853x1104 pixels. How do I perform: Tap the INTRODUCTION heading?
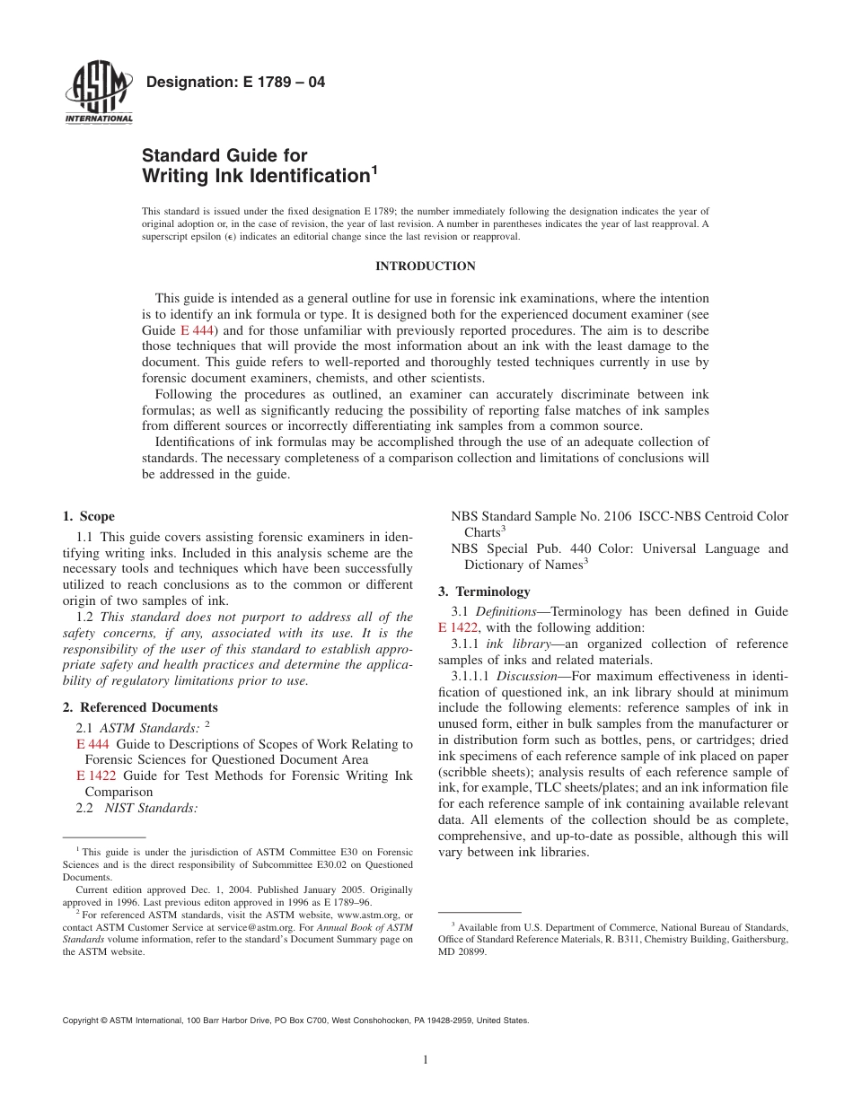425,267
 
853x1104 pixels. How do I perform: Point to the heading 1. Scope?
89,516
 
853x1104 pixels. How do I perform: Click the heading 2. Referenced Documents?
140,707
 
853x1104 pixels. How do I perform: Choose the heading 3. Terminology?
484,591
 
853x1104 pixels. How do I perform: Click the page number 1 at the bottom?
426,1060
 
